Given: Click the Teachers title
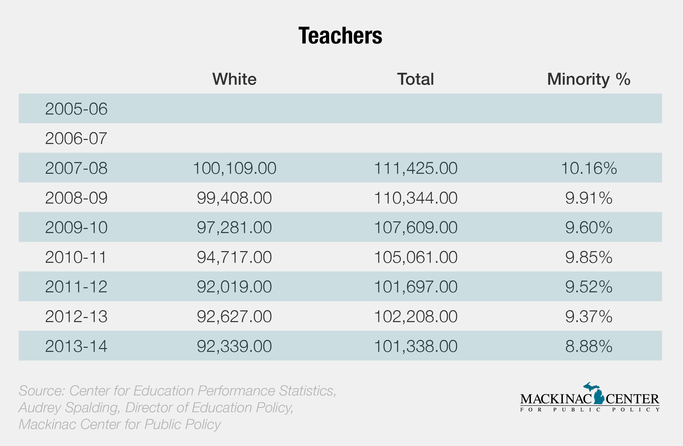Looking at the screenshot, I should tap(340, 36).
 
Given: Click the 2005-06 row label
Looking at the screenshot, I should tap(76, 109).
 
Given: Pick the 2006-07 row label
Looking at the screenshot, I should tap(76, 138).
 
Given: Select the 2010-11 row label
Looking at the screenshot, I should tap(76, 257).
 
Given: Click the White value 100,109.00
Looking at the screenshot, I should tap(234, 168).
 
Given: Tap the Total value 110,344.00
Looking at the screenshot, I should tap(415, 198).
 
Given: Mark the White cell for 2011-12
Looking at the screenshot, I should tap(234, 287).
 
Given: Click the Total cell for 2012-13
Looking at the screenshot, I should tap(415, 316).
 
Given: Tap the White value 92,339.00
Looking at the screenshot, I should tap(234, 346).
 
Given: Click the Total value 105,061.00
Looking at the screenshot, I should tap(415, 257).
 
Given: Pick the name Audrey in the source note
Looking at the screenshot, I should tap(39, 408).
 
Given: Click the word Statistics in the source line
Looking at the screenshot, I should tap(307, 391).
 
